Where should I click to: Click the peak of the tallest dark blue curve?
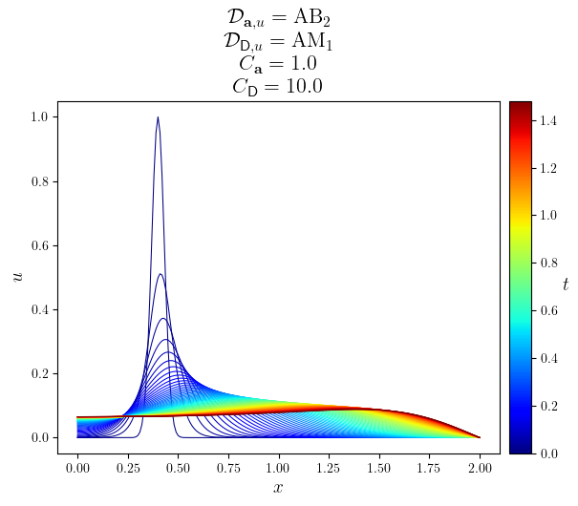(158, 117)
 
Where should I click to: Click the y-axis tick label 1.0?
(42, 117)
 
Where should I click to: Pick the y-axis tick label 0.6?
(42, 245)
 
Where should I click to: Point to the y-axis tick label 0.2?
(42, 373)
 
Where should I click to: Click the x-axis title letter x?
(278, 489)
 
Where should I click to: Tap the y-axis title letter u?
(17, 277)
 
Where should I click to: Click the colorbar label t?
(566, 284)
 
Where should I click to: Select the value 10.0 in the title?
(303, 86)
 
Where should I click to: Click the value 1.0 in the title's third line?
(299, 64)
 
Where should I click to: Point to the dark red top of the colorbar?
(520, 104)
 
